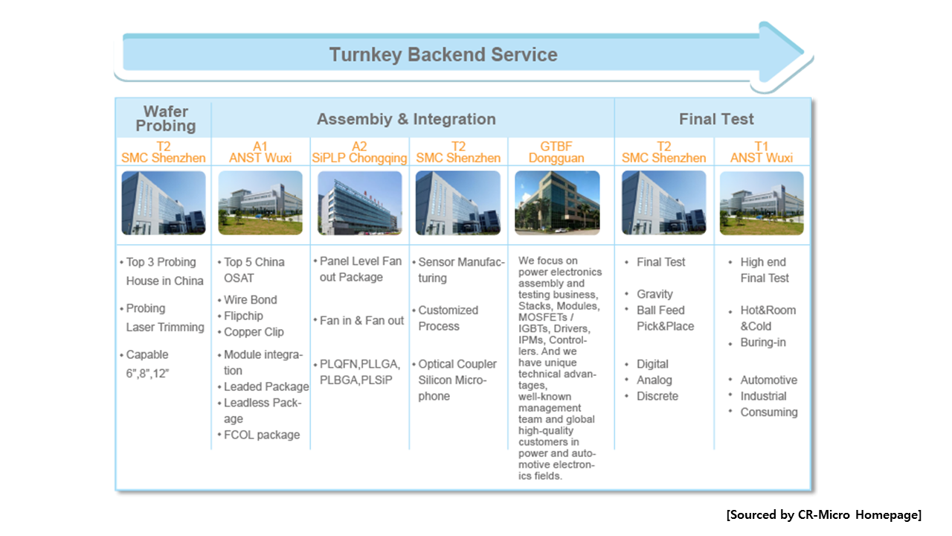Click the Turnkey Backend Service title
coord(443,55)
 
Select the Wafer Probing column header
coord(166,118)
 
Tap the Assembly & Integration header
coord(406,119)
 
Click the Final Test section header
coord(716,119)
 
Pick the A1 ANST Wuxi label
coord(260,153)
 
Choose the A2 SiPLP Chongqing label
coord(359,153)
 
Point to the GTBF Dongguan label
coord(556,153)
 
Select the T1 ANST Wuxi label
coord(761,153)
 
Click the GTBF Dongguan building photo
coord(557,203)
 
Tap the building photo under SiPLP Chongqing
coord(359,203)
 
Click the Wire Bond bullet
coord(251,300)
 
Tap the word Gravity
coord(654,294)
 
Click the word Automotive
coord(769,380)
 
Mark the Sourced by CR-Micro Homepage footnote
coord(823,514)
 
